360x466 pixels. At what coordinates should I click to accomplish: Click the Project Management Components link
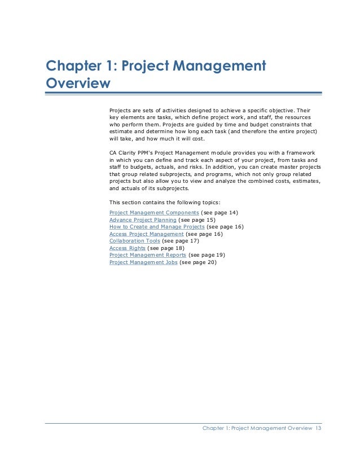tap(154, 212)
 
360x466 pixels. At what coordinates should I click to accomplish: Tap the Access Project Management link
tap(146, 234)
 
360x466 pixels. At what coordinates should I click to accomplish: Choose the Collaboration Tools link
tap(134, 241)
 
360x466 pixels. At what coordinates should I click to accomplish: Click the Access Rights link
tap(127, 248)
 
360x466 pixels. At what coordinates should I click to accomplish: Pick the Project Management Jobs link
tap(143, 262)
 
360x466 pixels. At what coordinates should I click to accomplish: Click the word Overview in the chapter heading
tap(77, 83)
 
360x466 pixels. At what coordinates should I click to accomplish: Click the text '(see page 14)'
tap(220, 212)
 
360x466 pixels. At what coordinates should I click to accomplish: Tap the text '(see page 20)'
tap(197, 262)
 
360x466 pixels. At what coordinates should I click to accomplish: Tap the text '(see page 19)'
tap(207, 255)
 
